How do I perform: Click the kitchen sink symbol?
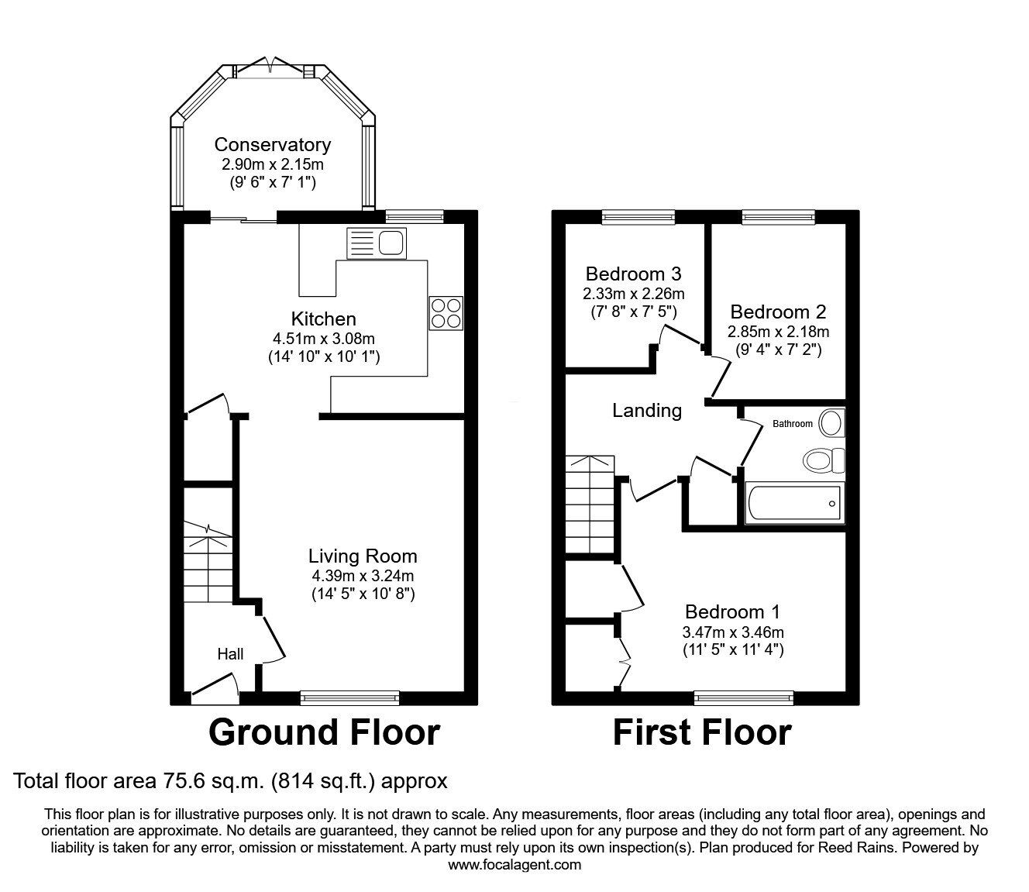coord(377,243)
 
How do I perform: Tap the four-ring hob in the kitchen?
coord(446,313)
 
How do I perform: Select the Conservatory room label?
coord(272,145)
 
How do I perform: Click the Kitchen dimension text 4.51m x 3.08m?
coord(324,339)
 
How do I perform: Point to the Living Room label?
coord(363,556)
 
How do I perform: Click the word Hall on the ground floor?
coord(230,654)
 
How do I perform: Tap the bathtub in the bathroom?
coord(794,504)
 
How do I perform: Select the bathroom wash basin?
coord(831,423)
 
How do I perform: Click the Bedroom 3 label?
coord(633,274)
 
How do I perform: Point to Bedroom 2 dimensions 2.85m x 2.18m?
coord(778,332)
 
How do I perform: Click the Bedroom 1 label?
coord(732,611)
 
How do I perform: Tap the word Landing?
coord(647,411)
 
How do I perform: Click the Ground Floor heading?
coord(324,732)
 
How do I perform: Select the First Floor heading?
coord(702,732)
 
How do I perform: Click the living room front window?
coord(350,698)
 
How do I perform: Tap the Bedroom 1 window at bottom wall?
coord(744,698)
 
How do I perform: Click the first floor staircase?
coord(590,504)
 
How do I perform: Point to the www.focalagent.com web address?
coord(514,865)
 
